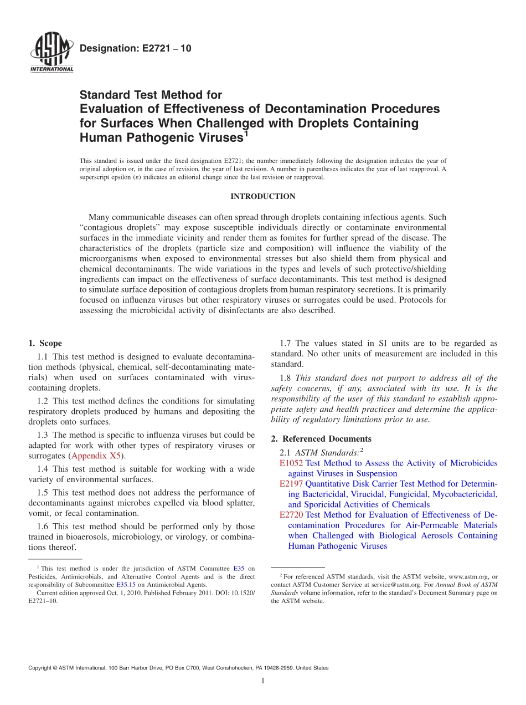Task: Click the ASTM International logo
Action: pos(51,54)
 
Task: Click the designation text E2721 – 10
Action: pos(136,49)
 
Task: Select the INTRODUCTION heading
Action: pos(262,196)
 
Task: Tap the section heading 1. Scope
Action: pos(45,344)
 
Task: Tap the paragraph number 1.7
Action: pos(287,344)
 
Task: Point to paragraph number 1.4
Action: pos(44,469)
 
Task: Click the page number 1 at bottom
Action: pos(263,681)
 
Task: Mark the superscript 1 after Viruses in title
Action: pos(246,133)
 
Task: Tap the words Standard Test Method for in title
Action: pos(151,95)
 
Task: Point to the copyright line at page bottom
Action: pos(178,668)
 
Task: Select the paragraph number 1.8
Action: pos(287,378)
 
